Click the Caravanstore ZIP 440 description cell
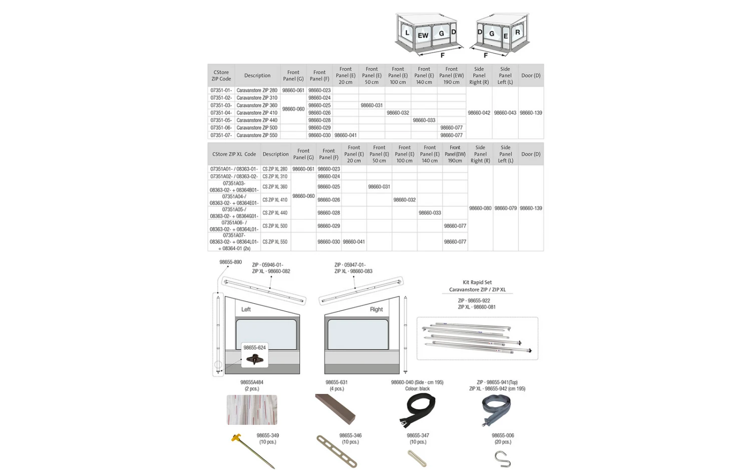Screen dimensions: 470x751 (x=257, y=120)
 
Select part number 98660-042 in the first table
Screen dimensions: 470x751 (x=479, y=113)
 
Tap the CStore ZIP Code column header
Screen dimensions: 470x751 (x=221, y=76)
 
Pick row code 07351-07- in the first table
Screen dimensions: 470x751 (x=221, y=135)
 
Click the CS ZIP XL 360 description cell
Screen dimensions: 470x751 (x=275, y=187)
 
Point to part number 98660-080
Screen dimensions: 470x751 (x=480, y=208)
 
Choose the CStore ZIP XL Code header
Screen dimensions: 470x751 (x=234, y=154)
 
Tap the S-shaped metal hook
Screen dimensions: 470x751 (x=502, y=459)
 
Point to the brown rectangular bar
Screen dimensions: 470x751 (x=335, y=409)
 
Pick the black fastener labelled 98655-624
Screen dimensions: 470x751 (x=255, y=359)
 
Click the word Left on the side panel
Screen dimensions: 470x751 (x=246, y=309)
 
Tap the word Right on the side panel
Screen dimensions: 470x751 (x=376, y=309)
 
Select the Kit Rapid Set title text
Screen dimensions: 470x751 (x=477, y=283)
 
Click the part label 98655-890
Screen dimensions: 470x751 (x=230, y=262)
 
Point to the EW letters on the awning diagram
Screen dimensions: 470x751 (x=423, y=36)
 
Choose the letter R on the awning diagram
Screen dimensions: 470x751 (x=518, y=32)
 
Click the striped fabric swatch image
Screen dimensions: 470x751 (x=252, y=410)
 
